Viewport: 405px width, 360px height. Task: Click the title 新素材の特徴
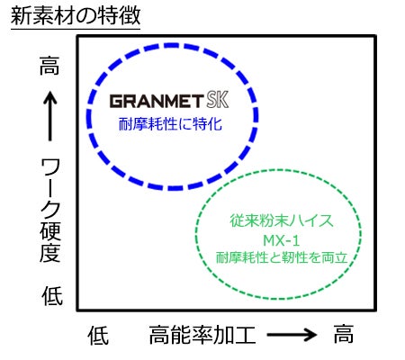[76, 15]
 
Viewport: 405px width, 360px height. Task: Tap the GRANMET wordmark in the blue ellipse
[157, 101]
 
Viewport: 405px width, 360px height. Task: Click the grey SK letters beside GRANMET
[218, 100]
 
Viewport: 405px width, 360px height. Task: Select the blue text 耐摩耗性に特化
[170, 124]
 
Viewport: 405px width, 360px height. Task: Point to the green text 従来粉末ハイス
[282, 220]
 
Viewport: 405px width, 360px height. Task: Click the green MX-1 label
[281, 240]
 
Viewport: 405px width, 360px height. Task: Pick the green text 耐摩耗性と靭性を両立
[282, 257]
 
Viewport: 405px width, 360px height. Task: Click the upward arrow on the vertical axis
[49, 116]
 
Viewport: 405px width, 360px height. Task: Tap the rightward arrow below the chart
[292, 334]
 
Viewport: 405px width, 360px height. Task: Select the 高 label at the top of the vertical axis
[49, 66]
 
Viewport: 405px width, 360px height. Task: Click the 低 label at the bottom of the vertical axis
[52, 296]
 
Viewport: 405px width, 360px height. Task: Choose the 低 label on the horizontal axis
[98, 336]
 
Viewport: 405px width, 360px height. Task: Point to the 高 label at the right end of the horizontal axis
[344, 334]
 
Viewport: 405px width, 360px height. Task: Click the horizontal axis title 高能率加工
[202, 335]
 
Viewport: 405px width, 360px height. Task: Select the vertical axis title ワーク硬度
[50, 211]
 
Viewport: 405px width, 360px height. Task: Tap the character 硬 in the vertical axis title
[50, 231]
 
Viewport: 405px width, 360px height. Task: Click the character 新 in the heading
[22, 15]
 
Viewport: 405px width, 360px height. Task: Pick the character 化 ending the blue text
[215, 124]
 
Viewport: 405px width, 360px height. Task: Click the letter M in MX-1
[268, 240]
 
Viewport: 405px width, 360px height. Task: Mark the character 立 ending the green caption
[340, 257]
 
